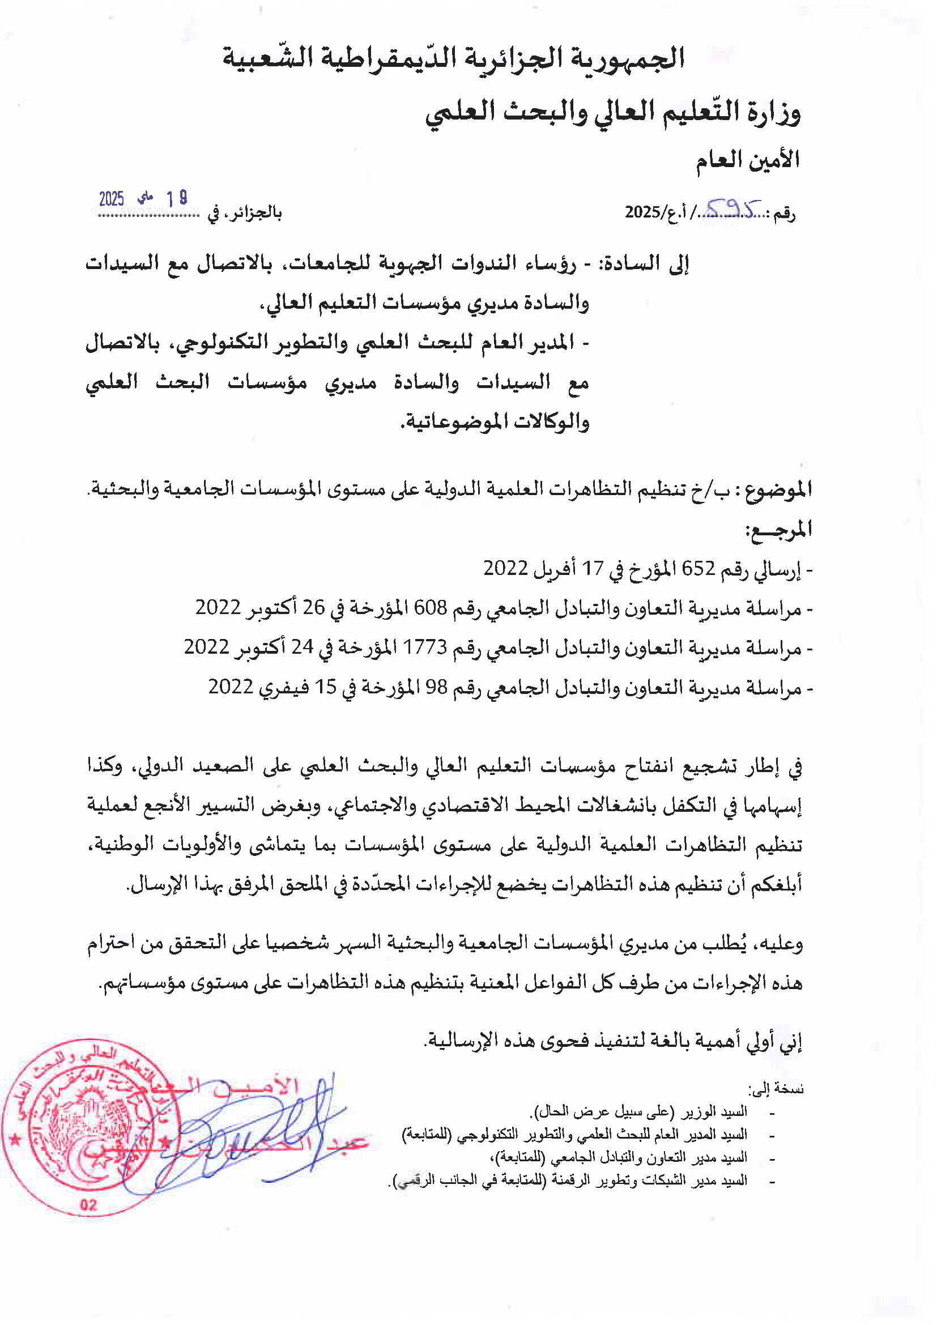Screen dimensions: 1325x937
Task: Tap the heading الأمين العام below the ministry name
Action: pos(747,160)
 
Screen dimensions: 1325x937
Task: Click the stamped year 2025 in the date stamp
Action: pos(112,199)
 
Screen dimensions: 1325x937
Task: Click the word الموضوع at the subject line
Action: pos(778,490)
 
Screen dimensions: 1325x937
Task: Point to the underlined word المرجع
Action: pos(779,529)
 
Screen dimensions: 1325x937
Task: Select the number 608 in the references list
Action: pos(431,608)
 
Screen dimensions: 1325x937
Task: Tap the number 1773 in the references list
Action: pos(425,647)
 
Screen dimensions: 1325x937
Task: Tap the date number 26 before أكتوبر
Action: pos(314,608)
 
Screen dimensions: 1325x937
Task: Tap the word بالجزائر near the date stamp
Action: pos(257,213)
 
